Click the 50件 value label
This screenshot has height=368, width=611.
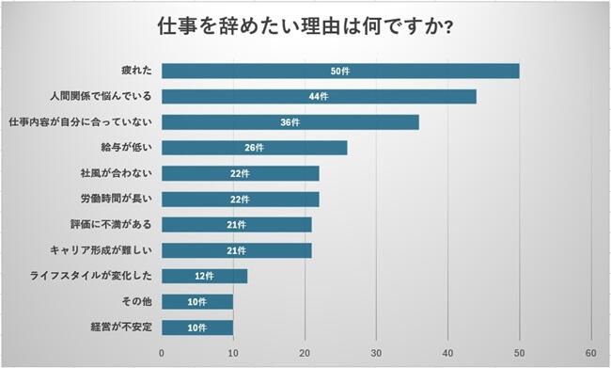[340, 71]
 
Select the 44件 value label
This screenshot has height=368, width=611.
[319, 96]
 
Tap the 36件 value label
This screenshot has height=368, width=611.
[290, 122]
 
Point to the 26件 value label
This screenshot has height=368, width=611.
[255, 148]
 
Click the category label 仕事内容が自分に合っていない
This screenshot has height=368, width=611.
[81, 122]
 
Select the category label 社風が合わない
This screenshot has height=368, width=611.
[117, 173]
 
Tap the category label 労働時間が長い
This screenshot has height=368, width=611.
[117, 199]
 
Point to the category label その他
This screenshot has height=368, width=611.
[134, 302]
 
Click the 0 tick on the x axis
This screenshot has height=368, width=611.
[162, 352]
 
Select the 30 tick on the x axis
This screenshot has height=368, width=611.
[376, 352]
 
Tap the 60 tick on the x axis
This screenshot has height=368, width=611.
[590, 352]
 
